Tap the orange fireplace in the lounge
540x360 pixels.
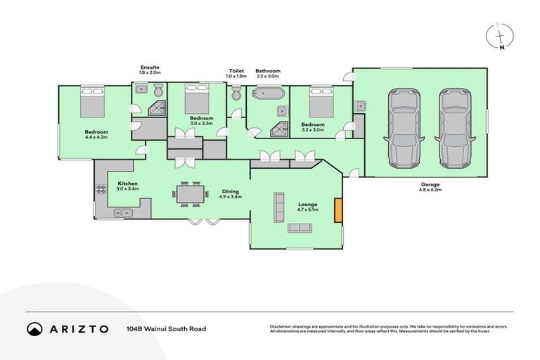(338, 210)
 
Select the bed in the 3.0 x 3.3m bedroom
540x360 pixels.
(197, 100)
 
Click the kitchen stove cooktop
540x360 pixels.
(100, 188)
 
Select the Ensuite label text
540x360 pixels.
(150, 68)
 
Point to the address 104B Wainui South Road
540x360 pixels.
(166, 328)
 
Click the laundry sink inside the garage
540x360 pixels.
(360, 106)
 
